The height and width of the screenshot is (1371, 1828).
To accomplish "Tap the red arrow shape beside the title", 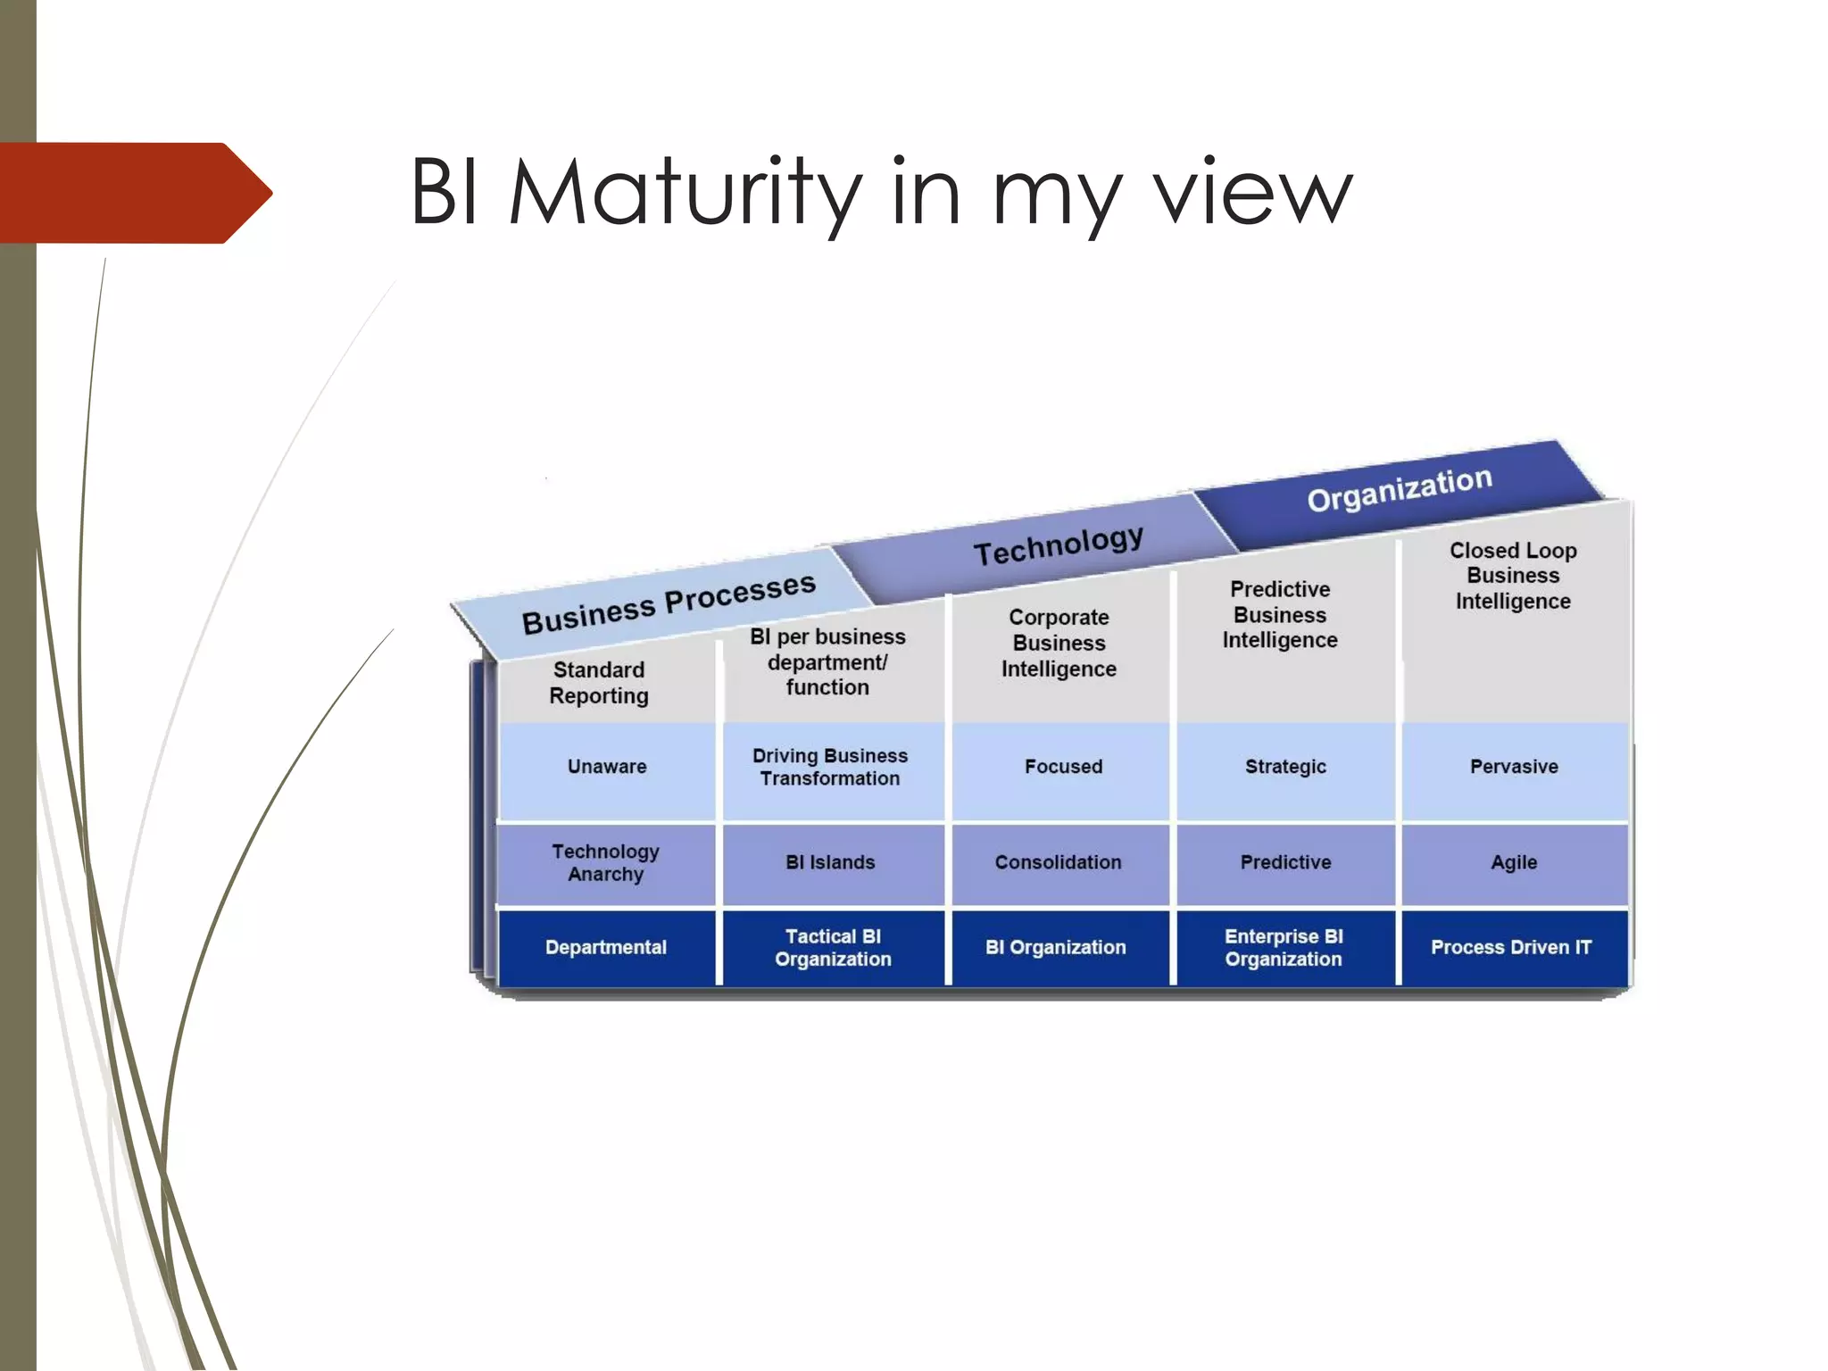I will tap(134, 193).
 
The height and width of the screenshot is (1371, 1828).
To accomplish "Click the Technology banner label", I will tap(1058, 544).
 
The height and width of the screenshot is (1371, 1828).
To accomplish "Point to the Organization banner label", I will tap(1399, 488).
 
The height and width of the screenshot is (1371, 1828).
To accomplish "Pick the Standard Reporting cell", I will tap(599, 683).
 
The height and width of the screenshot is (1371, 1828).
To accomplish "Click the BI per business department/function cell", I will tap(827, 661).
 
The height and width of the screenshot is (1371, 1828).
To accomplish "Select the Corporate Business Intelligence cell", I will tap(1059, 643).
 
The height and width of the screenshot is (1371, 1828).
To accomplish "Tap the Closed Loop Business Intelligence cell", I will tap(1513, 576).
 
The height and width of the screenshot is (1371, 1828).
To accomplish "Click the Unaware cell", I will tap(607, 767).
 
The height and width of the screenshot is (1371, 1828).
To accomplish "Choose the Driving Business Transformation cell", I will tap(830, 767).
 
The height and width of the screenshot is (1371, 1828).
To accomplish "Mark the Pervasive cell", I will tap(1514, 767).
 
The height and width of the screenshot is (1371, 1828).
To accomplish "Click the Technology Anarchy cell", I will tap(605, 862).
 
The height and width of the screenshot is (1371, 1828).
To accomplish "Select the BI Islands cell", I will tap(830, 862).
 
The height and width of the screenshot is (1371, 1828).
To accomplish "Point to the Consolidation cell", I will tap(1058, 862).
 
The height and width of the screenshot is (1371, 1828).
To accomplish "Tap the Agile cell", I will tap(1514, 862).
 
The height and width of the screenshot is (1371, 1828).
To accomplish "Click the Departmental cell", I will tap(605, 947).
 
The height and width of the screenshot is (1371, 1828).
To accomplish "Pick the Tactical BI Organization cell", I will tap(833, 947).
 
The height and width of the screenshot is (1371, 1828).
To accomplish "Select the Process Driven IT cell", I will tap(1511, 947).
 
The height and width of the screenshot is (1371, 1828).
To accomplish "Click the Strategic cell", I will tap(1285, 767).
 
